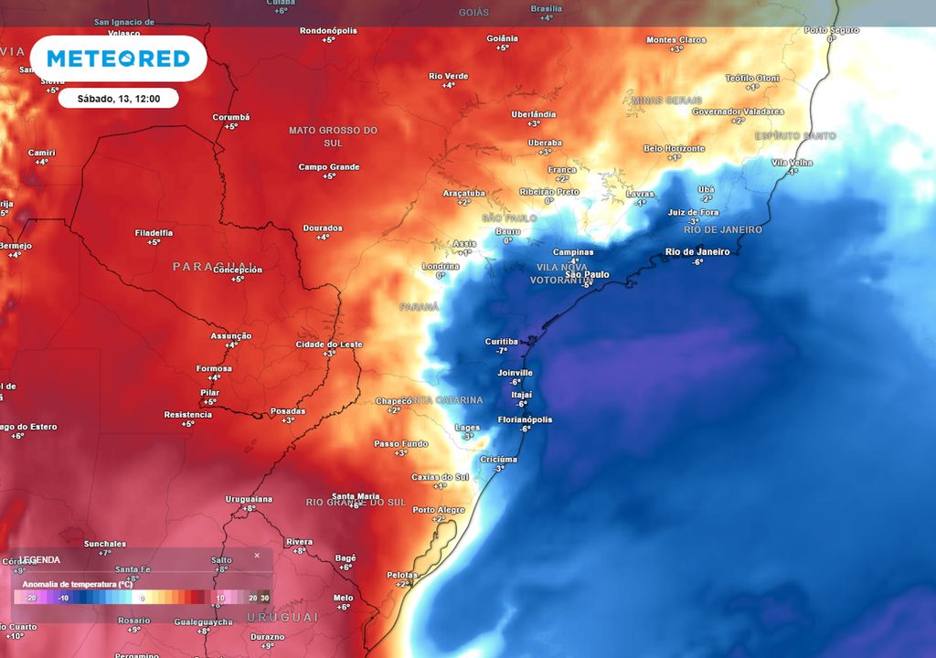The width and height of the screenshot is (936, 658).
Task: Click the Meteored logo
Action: [118, 59]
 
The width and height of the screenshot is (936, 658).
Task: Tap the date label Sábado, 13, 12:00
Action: [118, 99]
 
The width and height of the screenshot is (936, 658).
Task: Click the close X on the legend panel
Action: [257, 555]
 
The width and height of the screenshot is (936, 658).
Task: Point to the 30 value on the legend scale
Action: [264, 598]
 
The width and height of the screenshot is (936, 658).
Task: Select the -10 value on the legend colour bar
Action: [63, 598]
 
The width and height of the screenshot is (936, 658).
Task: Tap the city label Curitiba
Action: [502, 342]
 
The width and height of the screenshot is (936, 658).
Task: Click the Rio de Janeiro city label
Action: [697, 251]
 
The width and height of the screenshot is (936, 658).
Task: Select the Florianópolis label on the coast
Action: [525, 419]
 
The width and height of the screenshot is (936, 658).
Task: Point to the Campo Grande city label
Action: [329, 167]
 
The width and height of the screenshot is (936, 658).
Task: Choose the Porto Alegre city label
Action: [440, 510]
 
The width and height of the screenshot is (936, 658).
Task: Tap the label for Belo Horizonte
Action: [675, 148]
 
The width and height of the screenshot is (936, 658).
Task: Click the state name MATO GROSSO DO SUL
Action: [333, 136]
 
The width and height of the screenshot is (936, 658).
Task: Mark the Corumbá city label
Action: [231, 117]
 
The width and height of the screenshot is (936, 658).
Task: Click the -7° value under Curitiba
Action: [502, 351]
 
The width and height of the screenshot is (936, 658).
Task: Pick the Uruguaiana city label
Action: [249, 499]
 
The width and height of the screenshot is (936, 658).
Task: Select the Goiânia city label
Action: [503, 38]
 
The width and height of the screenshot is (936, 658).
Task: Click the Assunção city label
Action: [231, 335]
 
